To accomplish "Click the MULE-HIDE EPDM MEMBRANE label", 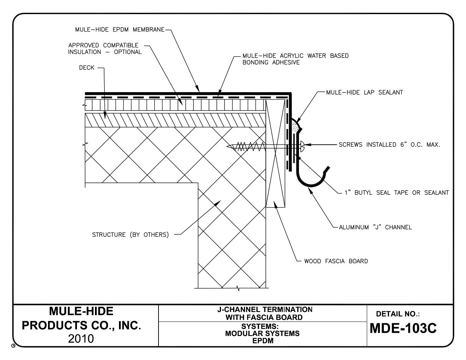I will point(120,30).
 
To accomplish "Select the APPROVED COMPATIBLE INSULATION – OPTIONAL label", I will point(105,49).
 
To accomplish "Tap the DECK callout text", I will point(86,68).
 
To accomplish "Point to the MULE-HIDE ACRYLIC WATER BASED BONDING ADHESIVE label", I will point(295,59).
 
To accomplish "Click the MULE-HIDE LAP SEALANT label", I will point(364,92).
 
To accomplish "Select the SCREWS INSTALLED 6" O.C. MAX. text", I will point(389,145).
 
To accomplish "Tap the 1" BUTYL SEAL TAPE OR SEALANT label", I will point(396,193).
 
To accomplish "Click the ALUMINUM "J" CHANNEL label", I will point(375,227).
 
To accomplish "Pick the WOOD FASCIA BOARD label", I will point(336,261).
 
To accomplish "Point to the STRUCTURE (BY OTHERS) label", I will point(130,235).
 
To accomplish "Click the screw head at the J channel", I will point(302,144).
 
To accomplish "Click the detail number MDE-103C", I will point(403,329).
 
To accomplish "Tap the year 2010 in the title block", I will point(81,339).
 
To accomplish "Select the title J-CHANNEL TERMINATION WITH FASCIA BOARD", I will point(264,313).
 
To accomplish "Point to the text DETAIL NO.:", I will point(398,314).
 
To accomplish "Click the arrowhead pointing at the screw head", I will point(307,144).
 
